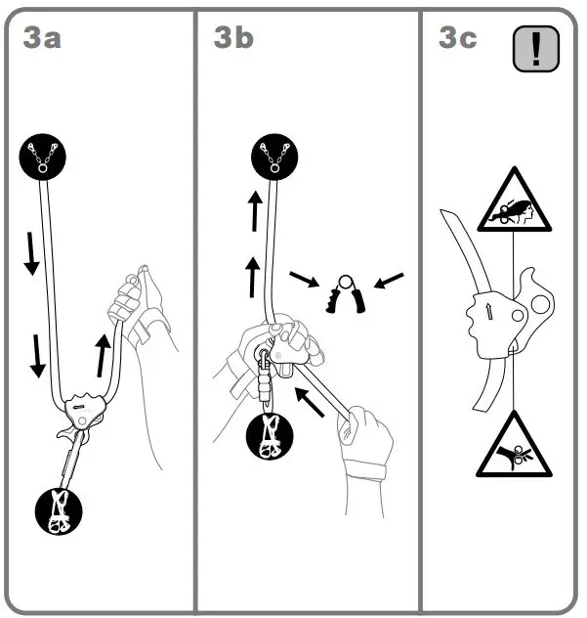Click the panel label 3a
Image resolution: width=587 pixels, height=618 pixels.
point(43,38)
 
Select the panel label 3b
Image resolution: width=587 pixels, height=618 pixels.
point(233,38)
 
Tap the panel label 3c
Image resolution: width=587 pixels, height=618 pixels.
point(458,38)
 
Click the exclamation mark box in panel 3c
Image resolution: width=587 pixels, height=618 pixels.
point(535,49)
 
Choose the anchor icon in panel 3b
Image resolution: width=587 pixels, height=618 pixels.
point(275,157)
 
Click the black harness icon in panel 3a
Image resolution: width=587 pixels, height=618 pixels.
point(59,509)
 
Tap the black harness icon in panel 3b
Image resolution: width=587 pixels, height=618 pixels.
point(271,436)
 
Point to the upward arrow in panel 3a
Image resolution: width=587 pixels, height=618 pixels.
point(103,354)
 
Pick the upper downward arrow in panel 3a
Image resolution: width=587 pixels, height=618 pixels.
point(31,252)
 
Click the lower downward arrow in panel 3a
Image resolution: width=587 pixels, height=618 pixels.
point(38,354)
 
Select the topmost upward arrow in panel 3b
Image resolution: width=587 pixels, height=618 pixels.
point(254,210)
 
